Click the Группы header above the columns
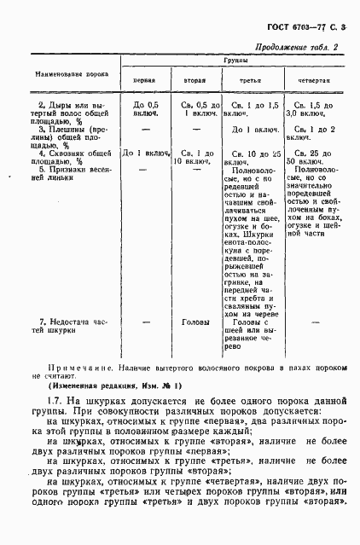coord(235,63)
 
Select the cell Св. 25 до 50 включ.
coord(306,155)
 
